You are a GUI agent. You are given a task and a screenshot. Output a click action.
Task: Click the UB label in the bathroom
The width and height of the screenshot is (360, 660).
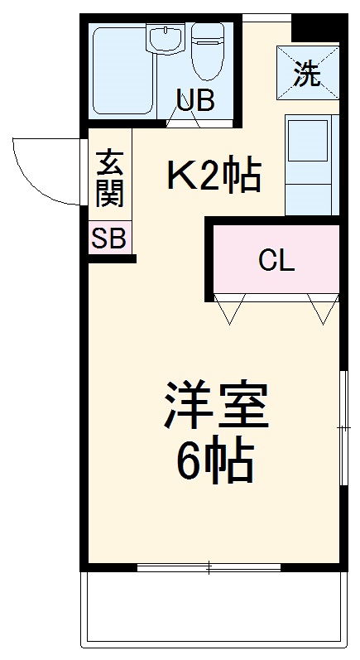pos(195,100)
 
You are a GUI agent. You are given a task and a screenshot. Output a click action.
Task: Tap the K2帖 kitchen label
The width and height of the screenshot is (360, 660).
pos(214,176)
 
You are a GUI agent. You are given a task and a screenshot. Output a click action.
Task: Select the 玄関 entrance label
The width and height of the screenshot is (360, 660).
pos(109,178)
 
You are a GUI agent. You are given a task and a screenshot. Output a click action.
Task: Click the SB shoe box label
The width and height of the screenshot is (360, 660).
pos(108,239)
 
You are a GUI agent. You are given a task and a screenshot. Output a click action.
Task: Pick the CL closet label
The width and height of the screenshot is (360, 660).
pos(276,261)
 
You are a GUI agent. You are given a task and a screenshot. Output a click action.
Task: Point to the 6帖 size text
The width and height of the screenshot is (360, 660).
pos(214,465)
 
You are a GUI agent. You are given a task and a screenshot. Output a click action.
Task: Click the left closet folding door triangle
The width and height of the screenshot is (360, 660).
pos(229,308)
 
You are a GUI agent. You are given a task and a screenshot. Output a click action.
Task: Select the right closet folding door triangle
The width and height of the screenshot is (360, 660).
pos(324,308)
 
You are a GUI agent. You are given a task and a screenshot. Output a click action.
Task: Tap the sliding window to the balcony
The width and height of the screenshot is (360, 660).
pos(209,568)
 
